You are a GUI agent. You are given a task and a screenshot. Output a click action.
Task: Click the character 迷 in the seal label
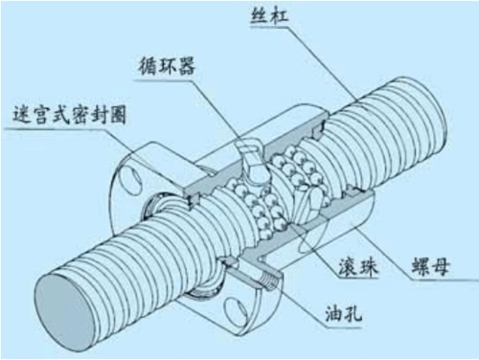click(x=15, y=113)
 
